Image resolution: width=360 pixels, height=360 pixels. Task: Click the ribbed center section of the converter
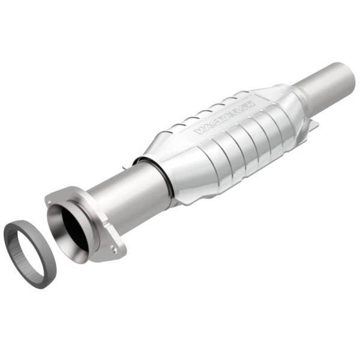240,144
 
